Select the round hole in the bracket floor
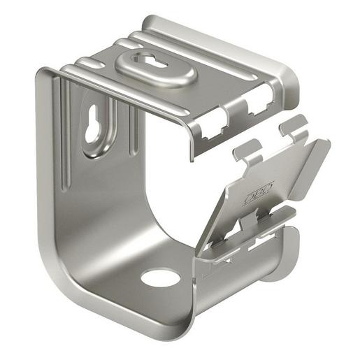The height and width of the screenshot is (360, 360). click(x=160, y=278)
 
